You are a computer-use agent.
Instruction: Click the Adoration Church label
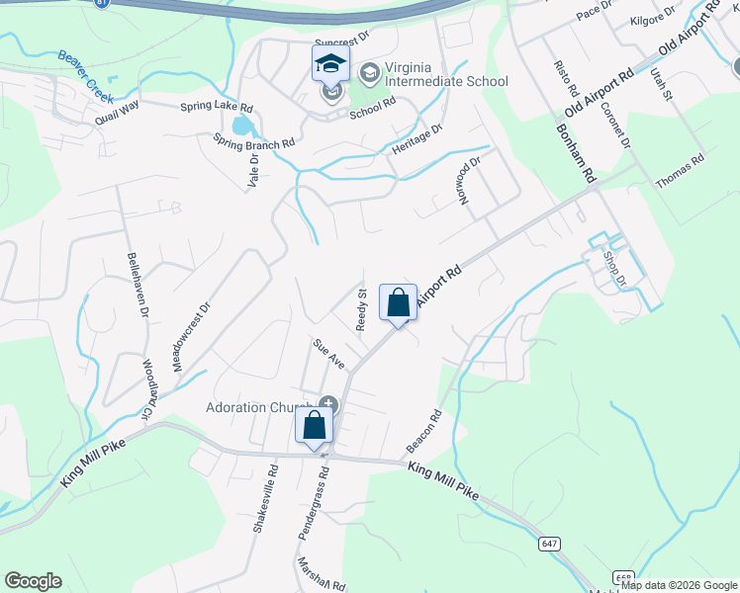coord(259,407)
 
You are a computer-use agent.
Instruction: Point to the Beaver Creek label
coord(85,77)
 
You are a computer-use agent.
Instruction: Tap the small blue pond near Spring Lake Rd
coord(242,126)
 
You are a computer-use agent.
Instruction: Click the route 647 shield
coord(550,544)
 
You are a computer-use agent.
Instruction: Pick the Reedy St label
coord(362,310)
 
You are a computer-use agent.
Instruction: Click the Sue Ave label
coord(327,354)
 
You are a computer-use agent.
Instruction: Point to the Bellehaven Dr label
coord(137,284)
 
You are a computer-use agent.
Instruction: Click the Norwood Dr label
coord(469,180)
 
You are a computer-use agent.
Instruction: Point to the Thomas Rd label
coord(681,172)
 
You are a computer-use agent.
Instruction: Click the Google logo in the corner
coord(33,581)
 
